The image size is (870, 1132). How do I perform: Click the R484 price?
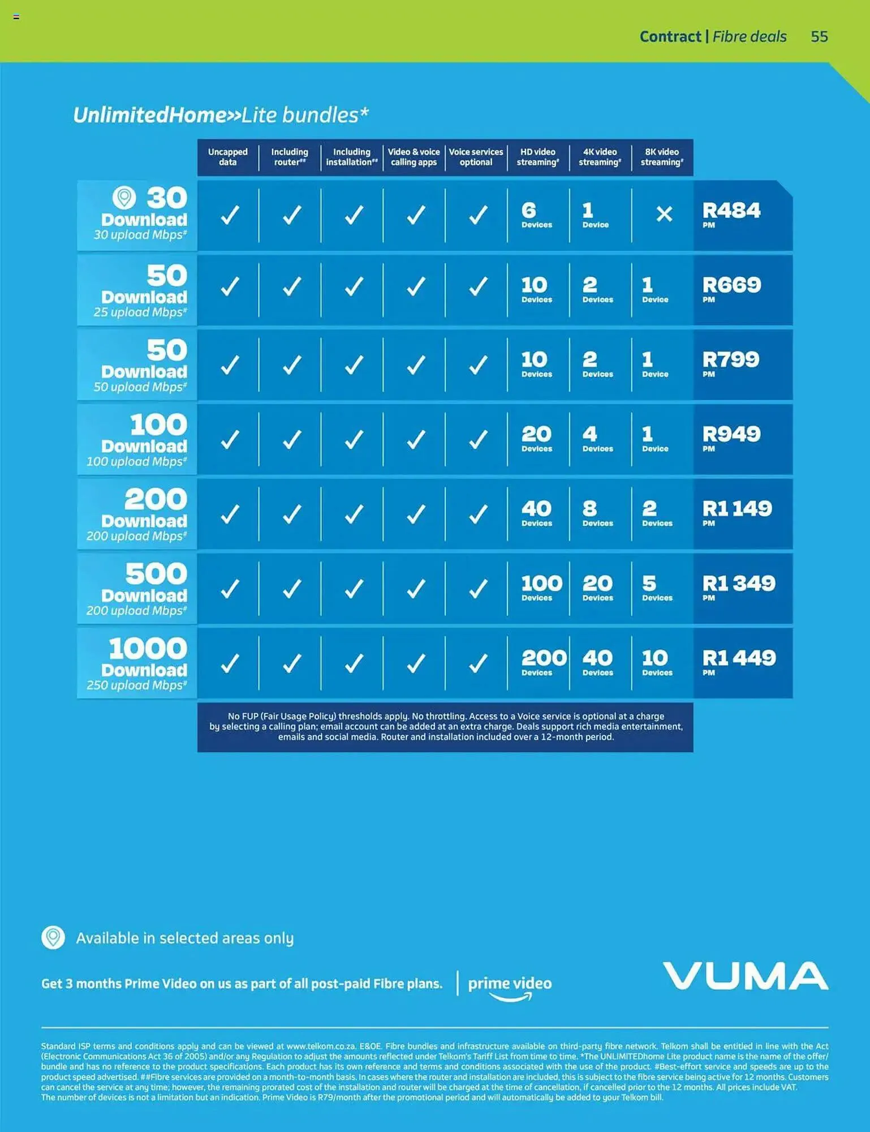pyautogui.click(x=731, y=212)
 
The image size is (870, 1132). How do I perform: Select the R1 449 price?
pyautogui.click(x=739, y=659)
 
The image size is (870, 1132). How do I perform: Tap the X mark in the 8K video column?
pyautogui.click(x=664, y=214)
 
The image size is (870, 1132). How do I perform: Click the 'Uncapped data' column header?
pyautogui.click(x=227, y=157)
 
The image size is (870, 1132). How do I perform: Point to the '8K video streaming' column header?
pyautogui.click(x=662, y=157)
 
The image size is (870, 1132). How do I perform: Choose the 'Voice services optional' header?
pyautogui.click(x=476, y=157)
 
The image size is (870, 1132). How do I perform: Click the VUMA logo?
pyautogui.click(x=746, y=976)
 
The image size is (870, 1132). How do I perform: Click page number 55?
pyautogui.click(x=819, y=37)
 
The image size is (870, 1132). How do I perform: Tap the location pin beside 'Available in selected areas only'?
pyautogui.click(x=53, y=937)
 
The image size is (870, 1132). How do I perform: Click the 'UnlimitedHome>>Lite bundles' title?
pyautogui.click(x=221, y=115)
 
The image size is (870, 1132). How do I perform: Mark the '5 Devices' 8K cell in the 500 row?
pyautogui.click(x=656, y=588)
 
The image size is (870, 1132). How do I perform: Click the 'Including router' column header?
pyautogui.click(x=290, y=157)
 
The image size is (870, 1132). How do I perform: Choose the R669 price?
pyautogui.click(x=731, y=286)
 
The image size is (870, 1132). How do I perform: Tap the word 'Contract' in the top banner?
pyautogui.click(x=670, y=37)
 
